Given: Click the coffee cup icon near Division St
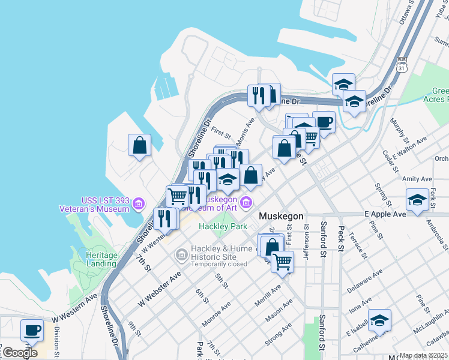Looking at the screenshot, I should (x=32, y=329).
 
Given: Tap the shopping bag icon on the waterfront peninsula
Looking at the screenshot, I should (x=139, y=145).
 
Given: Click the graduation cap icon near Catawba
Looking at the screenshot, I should (x=379, y=320).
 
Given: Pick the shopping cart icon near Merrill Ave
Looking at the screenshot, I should (x=282, y=261).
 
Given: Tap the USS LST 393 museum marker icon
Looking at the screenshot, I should (x=139, y=205).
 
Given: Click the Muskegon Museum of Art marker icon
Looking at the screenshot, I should (x=247, y=204).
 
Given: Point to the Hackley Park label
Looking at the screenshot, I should (x=223, y=227).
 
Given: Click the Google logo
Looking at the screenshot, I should (x=20, y=353).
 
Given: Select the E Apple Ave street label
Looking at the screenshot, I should (x=385, y=214).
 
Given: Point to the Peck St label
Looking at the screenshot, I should (x=341, y=238).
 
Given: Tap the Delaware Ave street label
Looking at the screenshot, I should (x=364, y=281).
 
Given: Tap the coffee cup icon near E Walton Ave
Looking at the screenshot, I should (x=324, y=122).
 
